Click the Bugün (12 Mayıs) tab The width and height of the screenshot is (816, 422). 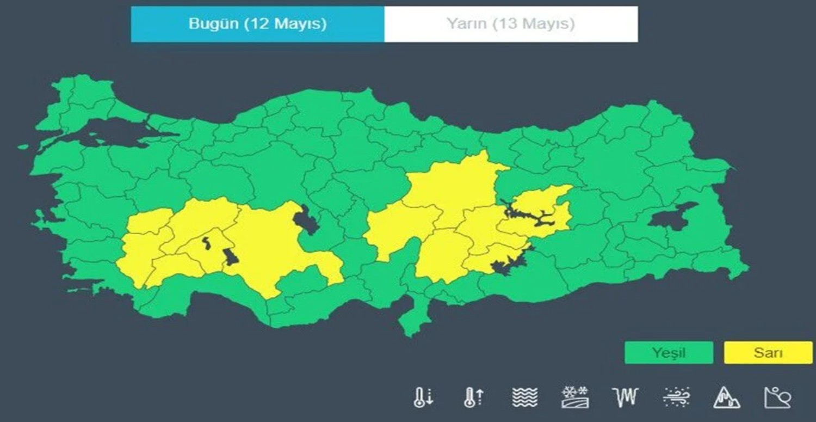(257, 24)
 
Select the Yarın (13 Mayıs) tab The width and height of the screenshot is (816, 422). (511, 24)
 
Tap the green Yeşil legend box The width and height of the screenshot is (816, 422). (669, 352)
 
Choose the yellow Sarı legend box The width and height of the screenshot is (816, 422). (768, 352)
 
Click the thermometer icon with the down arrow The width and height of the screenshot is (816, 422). (423, 397)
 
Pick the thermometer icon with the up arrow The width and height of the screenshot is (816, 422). (473, 397)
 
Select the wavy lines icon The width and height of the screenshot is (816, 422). (524, 397)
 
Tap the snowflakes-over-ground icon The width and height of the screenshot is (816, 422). (575, 397)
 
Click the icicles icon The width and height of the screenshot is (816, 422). (626, 397)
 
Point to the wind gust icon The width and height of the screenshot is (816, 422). (676, 397)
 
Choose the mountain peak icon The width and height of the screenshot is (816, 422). (727, 397)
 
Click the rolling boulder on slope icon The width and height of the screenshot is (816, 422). (777, 397)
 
